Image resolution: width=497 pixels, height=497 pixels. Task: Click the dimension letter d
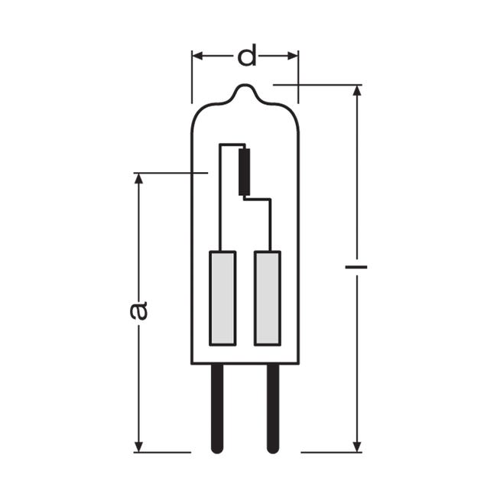247,56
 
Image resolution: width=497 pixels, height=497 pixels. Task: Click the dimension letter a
138,310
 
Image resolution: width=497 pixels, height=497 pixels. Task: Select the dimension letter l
356,267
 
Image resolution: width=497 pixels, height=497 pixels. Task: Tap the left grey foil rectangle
223,298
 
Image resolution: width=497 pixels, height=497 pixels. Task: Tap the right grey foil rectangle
268,298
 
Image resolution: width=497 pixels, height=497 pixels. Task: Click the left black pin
217,408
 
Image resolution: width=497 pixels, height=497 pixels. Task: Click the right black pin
273,408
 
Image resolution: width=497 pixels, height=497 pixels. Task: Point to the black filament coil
245,172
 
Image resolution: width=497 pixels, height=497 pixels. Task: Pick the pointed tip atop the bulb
244,85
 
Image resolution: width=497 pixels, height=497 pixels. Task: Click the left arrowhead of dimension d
197,56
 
